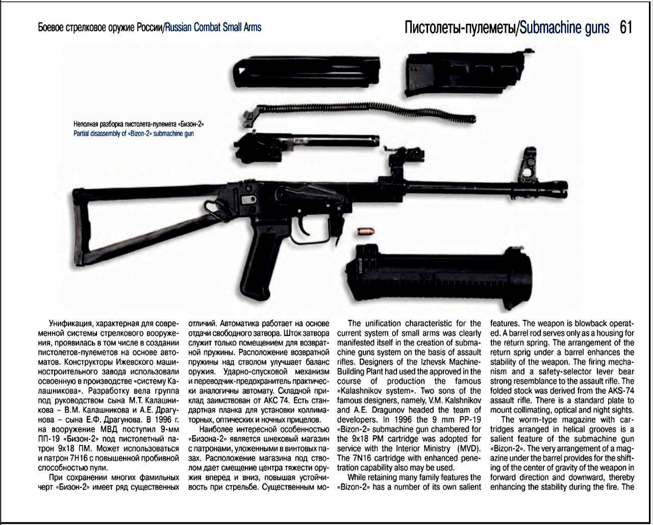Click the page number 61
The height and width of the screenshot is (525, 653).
coord(626,28)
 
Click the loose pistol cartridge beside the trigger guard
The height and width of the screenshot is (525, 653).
coord(365,231)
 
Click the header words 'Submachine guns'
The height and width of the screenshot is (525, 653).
coord(564,28)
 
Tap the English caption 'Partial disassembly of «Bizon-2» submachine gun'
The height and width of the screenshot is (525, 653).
coord(134,133)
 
